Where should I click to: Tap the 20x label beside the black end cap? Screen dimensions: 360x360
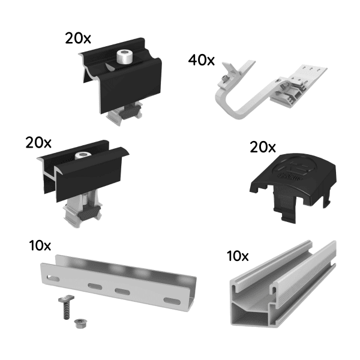[x=262, y=147]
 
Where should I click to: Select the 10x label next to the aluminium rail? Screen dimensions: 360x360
[x=238, y=256]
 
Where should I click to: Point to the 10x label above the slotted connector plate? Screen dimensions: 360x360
[x=40, y=245]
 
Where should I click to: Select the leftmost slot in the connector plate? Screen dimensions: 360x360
[x=52, y=278]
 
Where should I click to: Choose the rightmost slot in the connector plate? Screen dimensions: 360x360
[x=171, y=299]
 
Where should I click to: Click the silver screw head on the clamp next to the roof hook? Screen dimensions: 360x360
[x=124, y=59]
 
